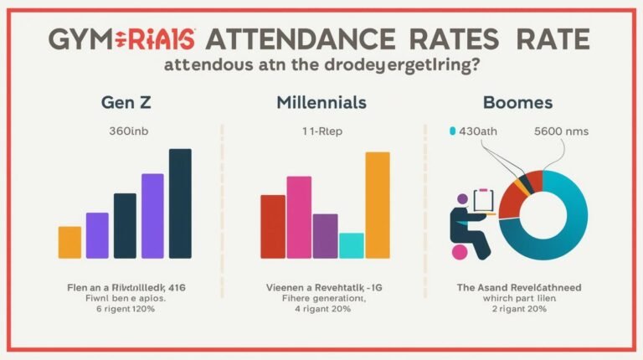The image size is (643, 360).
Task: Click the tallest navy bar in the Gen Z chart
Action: [x=180, y=203]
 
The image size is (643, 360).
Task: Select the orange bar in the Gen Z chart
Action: [x=69, y=242]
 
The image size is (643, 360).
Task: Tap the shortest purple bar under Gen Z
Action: [x=97, y=235]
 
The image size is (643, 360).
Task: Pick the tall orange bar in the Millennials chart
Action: [x=378, y=205]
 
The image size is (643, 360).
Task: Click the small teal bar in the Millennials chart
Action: [x=352, y=245]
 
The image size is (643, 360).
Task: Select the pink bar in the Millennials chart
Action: [x=299, y=217]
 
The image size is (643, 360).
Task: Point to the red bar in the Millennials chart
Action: [x=273, y=226]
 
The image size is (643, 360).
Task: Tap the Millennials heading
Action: [x=323, y=102]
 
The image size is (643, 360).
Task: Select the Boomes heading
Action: [x=518, y=102]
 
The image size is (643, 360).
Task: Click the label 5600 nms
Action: [x=563, y=131]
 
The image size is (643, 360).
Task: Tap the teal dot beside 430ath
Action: [x=453, y=131]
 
